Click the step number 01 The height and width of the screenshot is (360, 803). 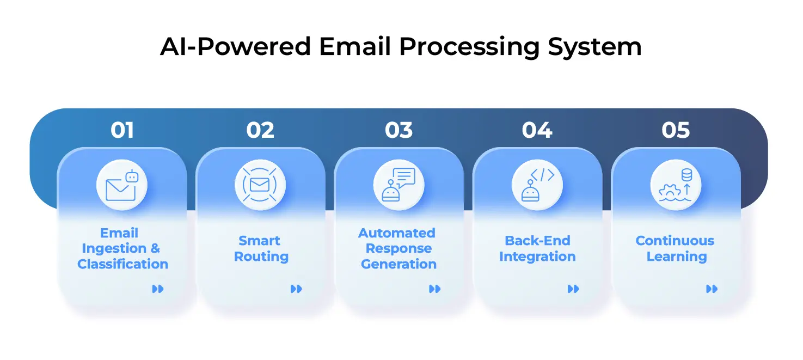coord(122,130)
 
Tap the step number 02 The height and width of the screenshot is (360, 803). coord(260,130)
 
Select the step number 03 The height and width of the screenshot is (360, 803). coord(399,130)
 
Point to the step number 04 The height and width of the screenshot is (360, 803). coord(537,130)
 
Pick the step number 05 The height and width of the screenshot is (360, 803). coord(676,130)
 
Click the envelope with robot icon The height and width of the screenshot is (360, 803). coord(122,185)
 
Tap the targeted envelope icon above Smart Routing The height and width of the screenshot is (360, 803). coord(260,185)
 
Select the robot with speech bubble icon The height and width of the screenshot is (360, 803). coord(399,185)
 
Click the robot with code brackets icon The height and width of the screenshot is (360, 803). coord(537,185)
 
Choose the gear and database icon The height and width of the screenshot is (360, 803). coord(676,185)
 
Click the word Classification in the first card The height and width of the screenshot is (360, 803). coord(122,264)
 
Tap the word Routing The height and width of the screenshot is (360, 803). coord(261,257)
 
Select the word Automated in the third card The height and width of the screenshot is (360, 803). coord(397,233)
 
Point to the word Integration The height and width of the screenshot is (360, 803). coord(537,257)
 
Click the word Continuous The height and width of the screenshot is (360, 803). coord(675,241)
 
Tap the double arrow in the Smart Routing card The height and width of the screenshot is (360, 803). coord(296,289)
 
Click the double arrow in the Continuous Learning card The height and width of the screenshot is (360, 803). coord(712,289)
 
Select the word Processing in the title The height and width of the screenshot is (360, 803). coord(469,47)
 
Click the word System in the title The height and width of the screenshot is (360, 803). coord(594,47)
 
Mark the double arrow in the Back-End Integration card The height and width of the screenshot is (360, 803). coord(573,289)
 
